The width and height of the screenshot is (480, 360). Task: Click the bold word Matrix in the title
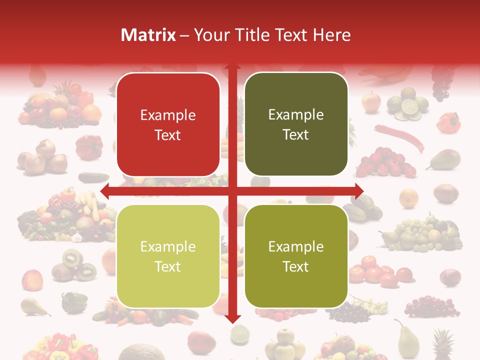tap(148, 35)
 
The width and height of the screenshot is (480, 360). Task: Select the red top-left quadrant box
tap(168, 124)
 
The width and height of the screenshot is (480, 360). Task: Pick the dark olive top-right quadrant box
tap(296, 124)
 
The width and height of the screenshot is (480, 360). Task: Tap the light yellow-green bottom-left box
tap(168, 256)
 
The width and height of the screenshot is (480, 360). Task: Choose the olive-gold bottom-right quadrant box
tap(296, 256)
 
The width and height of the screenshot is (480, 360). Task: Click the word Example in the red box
tap(168, 115)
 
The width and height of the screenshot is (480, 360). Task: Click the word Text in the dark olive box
tap(296, 134)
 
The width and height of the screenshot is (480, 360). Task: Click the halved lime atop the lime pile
tap(410, 106)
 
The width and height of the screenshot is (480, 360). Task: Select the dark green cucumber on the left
tap(93, 176)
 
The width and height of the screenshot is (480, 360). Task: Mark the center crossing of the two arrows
tap(232, 191)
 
